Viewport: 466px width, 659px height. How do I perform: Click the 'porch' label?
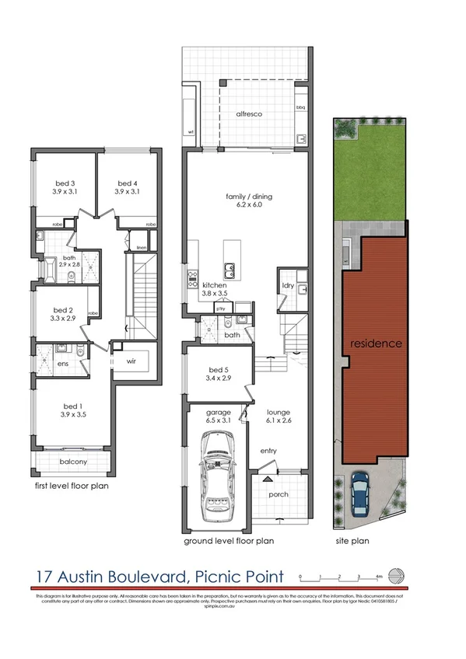pyautogui.click(x=278, y=494)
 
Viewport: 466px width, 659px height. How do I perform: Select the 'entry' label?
pyautogui.click(x=268, y=451)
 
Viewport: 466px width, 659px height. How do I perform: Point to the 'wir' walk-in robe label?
pyautogui.click(x=131, y=361)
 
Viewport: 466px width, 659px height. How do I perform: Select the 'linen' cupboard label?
pyautogui.click(x=141, y=248)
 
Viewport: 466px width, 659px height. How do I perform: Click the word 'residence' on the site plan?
pyautogui.click(x=375, y=343)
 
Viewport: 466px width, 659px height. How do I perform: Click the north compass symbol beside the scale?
pyautogui.click(x=396, y=576)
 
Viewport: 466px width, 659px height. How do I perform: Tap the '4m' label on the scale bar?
pyautogui.click(x=378, y=576)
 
